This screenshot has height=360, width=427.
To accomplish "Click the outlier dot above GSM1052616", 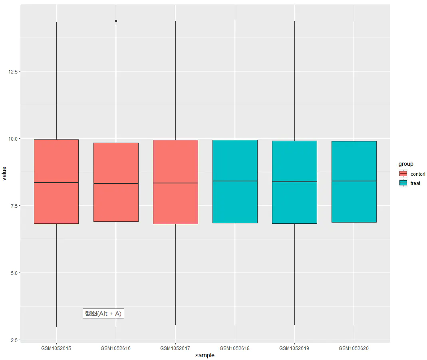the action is tap(116, 21).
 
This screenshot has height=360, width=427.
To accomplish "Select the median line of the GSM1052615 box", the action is tap(56, 183).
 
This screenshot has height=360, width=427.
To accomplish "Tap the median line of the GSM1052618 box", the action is tap(235, 181).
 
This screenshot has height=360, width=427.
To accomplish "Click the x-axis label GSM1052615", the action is tap(56, 348).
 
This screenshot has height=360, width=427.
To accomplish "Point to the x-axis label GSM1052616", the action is tap(115, 348).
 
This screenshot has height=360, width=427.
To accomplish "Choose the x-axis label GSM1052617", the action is tap(175, 348).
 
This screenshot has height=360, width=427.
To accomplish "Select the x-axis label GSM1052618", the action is tap(234, 348).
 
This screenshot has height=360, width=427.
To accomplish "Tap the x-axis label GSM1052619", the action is tap(294, 348).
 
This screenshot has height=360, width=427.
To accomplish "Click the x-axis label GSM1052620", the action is tap(354, 348).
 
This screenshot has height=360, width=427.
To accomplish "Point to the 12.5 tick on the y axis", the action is tap(13, 72).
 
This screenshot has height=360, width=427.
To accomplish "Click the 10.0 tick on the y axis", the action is tap(13, 139).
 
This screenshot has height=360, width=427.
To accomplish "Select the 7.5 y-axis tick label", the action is tap(14, 206).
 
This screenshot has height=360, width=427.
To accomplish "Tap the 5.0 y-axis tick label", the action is tap(14, 273).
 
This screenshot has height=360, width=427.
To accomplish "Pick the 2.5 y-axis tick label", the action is tap(14, 340).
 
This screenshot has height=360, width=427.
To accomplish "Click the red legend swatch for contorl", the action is tap(403, 174).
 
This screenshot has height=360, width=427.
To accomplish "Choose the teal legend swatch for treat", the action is tap(403, 183).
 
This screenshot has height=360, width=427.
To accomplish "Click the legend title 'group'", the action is tap(406, 164).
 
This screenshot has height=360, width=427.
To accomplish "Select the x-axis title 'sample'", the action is tap(205, 355).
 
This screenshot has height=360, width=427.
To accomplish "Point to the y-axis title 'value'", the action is tap(4, 174).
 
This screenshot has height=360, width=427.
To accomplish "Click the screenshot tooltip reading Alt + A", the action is tap(103, 313).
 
